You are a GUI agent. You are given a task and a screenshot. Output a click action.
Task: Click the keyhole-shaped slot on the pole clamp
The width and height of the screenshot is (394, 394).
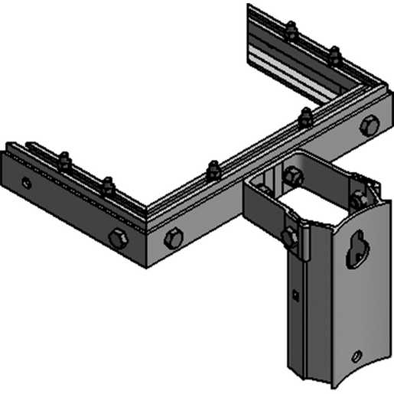(357, 249)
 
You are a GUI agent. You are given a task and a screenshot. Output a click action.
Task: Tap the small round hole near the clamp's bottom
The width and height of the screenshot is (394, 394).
(356, 356)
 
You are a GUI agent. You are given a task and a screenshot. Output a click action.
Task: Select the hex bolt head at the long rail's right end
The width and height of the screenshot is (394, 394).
(370, 126)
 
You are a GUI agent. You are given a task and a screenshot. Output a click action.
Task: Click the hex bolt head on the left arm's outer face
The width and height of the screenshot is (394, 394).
(118, 239)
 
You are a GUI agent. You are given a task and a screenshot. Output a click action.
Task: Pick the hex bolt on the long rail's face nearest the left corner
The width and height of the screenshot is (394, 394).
(173, 238)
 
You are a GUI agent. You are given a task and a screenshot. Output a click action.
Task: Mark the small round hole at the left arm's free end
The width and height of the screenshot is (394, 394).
(27, 183)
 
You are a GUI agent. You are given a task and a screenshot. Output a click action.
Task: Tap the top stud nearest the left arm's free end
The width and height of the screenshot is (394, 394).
(63, 161)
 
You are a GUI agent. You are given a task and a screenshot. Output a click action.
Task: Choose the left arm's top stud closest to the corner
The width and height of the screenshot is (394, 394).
(108, 185)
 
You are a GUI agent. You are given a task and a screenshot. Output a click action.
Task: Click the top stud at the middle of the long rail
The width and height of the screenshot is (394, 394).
(213, 169)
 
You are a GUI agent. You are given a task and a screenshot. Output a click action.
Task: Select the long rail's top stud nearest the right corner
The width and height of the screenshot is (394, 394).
(305, 117)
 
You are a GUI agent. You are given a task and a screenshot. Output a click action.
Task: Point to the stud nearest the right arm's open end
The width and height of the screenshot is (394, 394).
(290, 31)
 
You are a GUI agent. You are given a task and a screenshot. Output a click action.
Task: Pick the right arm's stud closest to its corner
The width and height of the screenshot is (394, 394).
(334, 55)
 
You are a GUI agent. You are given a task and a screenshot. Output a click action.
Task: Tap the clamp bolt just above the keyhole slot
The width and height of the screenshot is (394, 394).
(357, 199)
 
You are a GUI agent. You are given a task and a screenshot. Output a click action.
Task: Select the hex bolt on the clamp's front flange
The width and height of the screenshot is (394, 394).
(288, 236)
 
